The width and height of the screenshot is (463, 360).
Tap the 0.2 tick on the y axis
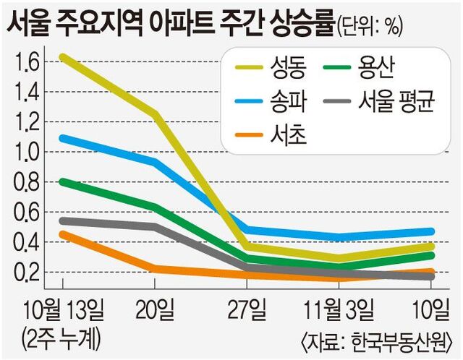(25, 273)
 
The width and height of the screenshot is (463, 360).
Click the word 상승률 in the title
(299, 22)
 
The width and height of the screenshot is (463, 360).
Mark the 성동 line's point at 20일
(154, 113)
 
